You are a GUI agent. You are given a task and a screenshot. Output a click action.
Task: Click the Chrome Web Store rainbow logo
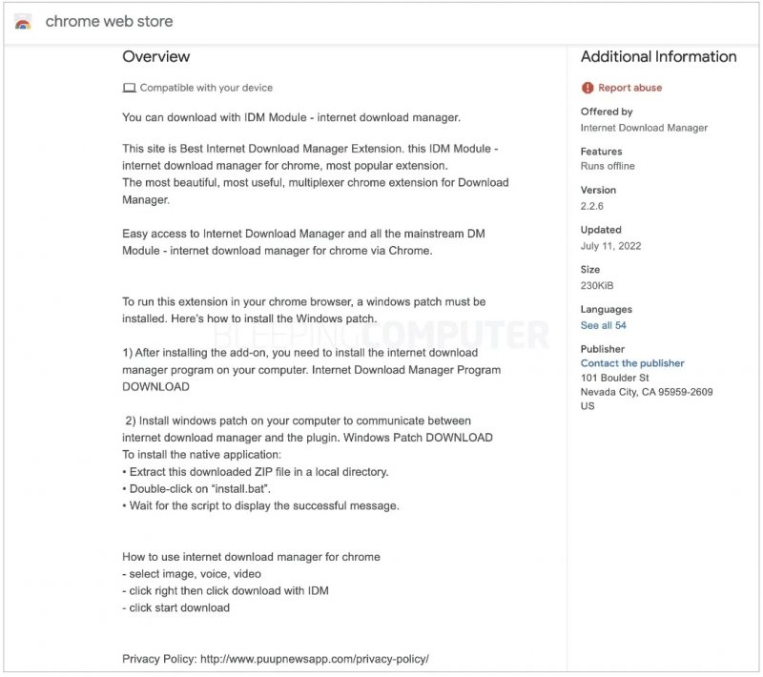24,22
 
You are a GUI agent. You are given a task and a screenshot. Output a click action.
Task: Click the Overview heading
155,57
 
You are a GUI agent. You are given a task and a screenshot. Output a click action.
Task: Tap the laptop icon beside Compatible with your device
129,88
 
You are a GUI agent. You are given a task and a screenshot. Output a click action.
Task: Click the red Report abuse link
629,88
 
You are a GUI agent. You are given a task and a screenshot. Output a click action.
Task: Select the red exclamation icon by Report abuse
588,88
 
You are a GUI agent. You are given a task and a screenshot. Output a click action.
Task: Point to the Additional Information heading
658,57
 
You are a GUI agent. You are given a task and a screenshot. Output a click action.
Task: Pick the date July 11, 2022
610,246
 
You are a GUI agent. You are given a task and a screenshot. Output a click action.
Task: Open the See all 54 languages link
604,325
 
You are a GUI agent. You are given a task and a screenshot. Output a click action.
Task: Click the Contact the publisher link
632,363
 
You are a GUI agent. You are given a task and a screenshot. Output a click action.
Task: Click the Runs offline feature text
608,166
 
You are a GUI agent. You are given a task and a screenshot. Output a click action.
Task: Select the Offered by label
607,112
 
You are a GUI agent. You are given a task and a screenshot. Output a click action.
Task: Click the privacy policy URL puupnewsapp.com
314,659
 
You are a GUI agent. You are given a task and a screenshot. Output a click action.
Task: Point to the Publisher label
603,349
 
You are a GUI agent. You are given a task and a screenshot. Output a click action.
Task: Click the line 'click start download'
179,607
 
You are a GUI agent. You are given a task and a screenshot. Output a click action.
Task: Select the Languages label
606,309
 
